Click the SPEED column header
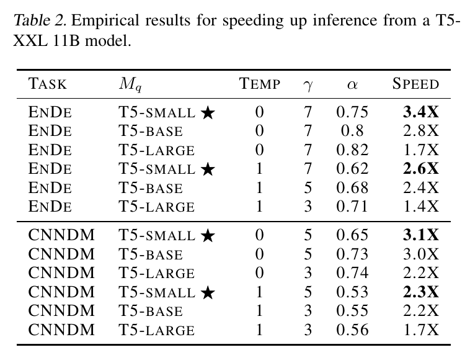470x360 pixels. [415, 84]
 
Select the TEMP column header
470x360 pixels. [260, 84]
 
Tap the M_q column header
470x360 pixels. [130, 84]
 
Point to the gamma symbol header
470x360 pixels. [308, 86]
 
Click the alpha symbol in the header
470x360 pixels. [352, 85]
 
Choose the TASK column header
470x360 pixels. [47, 84]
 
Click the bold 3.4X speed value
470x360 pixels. [421, 112]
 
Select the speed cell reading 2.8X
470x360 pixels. [421, 131]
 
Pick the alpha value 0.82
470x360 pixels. [352, 150]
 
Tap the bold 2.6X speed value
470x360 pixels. [421, 169]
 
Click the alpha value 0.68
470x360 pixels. [352, 188]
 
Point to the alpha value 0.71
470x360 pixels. [352, 207]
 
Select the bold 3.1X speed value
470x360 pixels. [421, 235]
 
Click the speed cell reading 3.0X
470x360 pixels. [421, 254]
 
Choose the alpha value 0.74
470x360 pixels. [352, 273]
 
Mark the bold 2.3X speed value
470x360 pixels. [421, 292]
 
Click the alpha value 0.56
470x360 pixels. [352, 330]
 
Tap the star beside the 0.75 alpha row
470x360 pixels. [208, 113]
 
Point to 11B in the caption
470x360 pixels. [66, 41]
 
